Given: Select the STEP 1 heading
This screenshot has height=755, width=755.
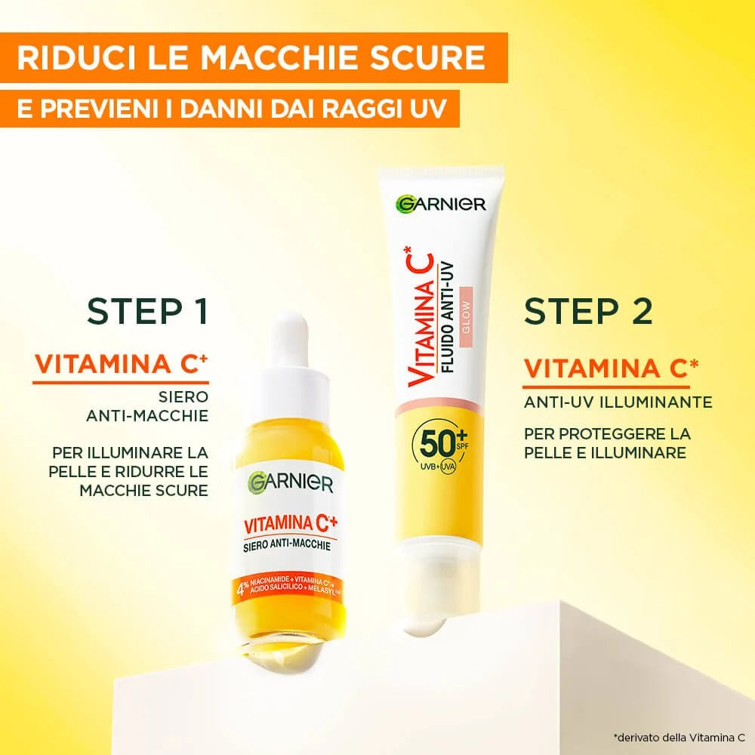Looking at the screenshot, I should tap(147, 311).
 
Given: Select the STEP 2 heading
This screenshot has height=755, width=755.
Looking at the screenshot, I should tap(589, 311).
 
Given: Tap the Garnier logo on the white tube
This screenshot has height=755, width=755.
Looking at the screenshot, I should tap(441, 203).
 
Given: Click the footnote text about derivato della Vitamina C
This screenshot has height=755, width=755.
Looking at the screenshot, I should tap(679, 736).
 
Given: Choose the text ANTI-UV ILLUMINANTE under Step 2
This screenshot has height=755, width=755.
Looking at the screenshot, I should tap(618, 402).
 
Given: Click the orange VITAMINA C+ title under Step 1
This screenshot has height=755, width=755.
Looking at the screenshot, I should tap(121, 364).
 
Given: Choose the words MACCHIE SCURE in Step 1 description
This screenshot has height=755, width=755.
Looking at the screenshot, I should tap(143, 491).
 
